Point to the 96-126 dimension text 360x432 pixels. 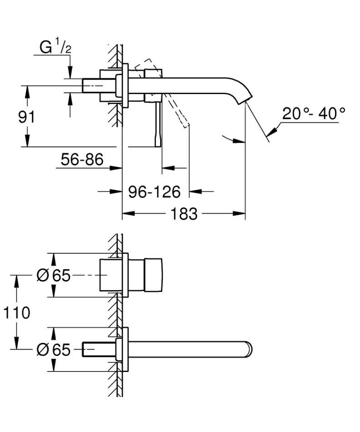click(x=154, y=192)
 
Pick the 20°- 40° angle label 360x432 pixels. click(x=313, y=113)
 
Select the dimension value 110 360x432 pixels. click(x=16, y=312)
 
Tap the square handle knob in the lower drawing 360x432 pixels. click(x=153, y=275)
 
